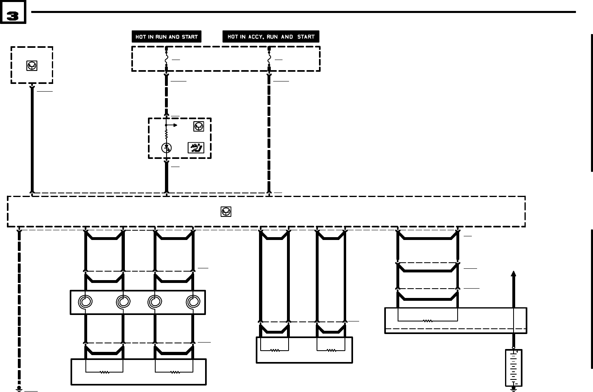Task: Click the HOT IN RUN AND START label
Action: (166, 37)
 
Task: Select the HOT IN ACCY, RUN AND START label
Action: (271, 37)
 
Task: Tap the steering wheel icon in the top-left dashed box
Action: (32, 65)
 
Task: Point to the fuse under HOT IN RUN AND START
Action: (166, 60)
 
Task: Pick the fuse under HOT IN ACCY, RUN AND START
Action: (269, 60)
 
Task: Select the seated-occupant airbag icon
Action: (196, 148)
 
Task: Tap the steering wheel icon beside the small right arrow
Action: (198, 126)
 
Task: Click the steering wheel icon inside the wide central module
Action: (226, 212)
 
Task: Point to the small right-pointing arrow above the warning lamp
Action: (175, 125)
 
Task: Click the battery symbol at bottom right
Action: (514, 368)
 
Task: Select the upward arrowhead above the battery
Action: (514, 274)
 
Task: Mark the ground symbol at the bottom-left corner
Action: (19, 388)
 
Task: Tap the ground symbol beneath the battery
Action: (514, 389)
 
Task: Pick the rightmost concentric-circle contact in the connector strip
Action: (193, 302)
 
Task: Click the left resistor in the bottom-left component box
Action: (105, 372)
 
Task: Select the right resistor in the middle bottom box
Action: (331, 350)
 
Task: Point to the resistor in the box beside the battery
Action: (428, 321)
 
